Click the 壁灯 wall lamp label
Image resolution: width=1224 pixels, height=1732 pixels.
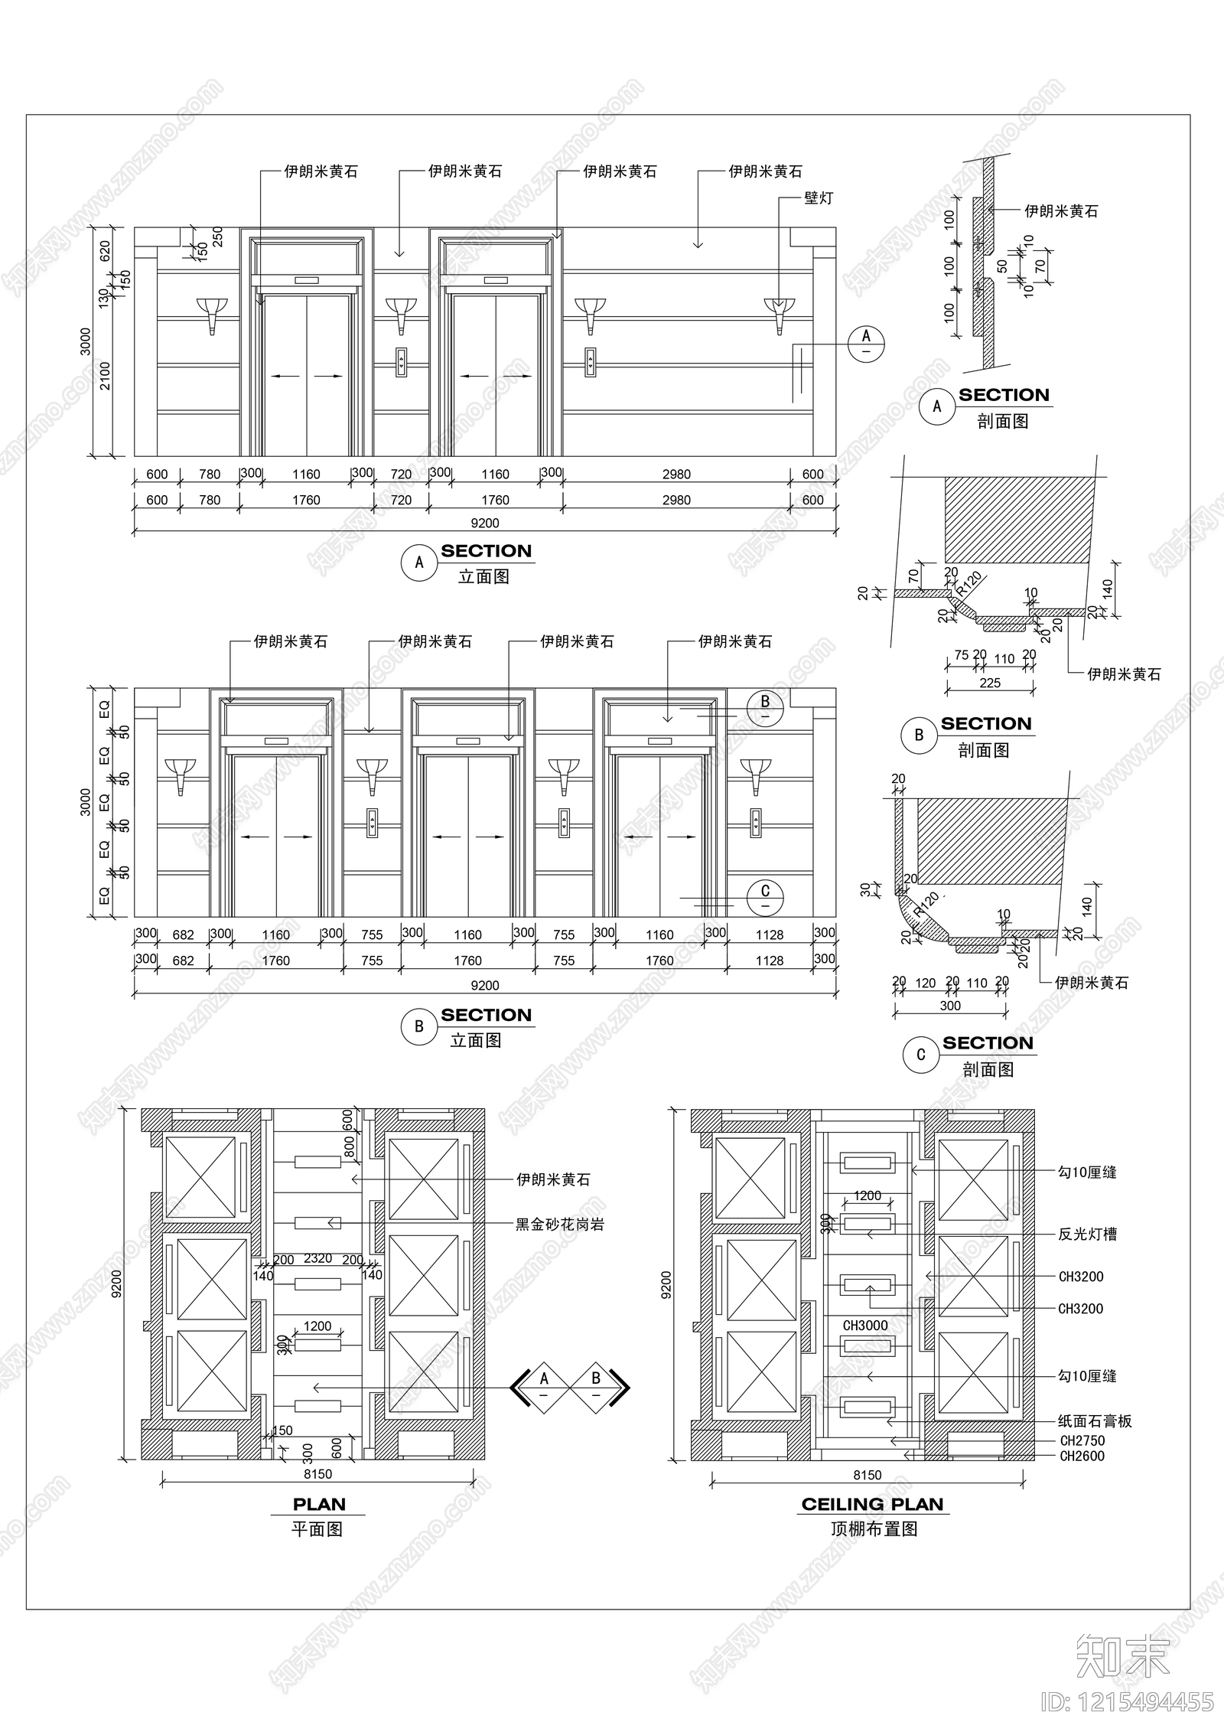[819, 198]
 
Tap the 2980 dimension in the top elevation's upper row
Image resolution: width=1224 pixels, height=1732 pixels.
[676, 475]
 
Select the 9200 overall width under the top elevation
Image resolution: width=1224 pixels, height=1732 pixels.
[485, 524]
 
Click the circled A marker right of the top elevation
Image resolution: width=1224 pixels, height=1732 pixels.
[866, 342]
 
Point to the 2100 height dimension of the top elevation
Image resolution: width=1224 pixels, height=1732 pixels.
[106, 376]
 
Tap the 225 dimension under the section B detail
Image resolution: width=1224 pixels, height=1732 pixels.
[990, 683]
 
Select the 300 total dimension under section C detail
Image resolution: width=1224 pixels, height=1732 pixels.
[950, 1006]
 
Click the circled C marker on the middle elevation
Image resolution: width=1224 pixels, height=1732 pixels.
[765, 897]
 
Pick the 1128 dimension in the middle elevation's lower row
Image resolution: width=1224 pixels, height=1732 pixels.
[770, 961]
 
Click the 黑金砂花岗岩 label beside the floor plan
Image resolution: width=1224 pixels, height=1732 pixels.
[560, 1225]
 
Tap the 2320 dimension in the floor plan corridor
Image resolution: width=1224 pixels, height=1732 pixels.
[317, 1258]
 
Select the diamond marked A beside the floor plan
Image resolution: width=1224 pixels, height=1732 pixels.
[544, 1384]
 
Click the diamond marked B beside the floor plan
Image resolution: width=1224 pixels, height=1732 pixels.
[596, 1384]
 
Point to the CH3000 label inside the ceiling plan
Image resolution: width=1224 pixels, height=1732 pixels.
[865, 1325]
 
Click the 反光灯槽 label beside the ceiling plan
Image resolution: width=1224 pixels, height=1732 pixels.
[1087, 1234]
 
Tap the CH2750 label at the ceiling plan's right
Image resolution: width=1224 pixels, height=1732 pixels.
[1082, 1440]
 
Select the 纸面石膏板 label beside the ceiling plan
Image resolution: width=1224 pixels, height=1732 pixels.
[1095, 1421]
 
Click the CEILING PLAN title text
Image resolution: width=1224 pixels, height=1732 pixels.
[872, 1504]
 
